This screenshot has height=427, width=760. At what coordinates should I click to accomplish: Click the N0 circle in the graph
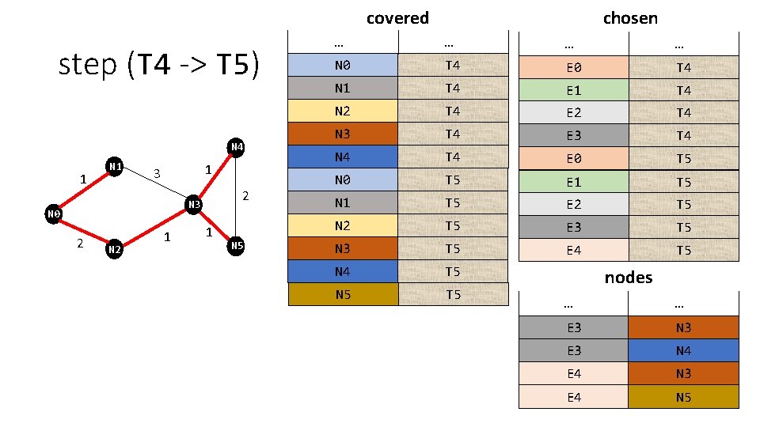(53, 213)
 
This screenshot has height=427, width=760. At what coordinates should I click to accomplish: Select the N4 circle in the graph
(236, 147)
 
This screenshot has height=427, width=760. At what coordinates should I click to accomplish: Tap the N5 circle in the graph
(236, 246)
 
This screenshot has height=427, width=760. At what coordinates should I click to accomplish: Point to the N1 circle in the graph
(115, 167)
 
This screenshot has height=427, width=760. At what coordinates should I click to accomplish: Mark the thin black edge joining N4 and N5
(236, 197)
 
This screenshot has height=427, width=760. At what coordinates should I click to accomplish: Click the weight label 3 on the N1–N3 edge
(157, 173)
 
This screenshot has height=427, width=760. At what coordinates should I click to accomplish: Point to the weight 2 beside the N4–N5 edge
(246, 195)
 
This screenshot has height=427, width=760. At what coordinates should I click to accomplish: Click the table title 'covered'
(397, 17)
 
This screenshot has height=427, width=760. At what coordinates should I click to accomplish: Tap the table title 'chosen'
(630, 17)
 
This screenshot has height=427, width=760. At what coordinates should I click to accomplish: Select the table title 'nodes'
(628, 277)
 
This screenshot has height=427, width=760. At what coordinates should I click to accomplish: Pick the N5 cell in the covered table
(343, 295)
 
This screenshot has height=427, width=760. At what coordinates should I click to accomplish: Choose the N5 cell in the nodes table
(683, 397)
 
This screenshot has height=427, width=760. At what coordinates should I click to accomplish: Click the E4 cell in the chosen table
(573, 250)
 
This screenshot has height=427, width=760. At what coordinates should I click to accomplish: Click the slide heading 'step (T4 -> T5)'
(159, 65)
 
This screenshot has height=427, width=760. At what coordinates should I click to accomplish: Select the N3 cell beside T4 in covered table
(343, 134)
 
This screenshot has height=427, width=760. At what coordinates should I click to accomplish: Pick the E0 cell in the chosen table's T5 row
(573, 158)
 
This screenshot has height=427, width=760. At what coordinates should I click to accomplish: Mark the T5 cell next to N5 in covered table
(452, 295)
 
